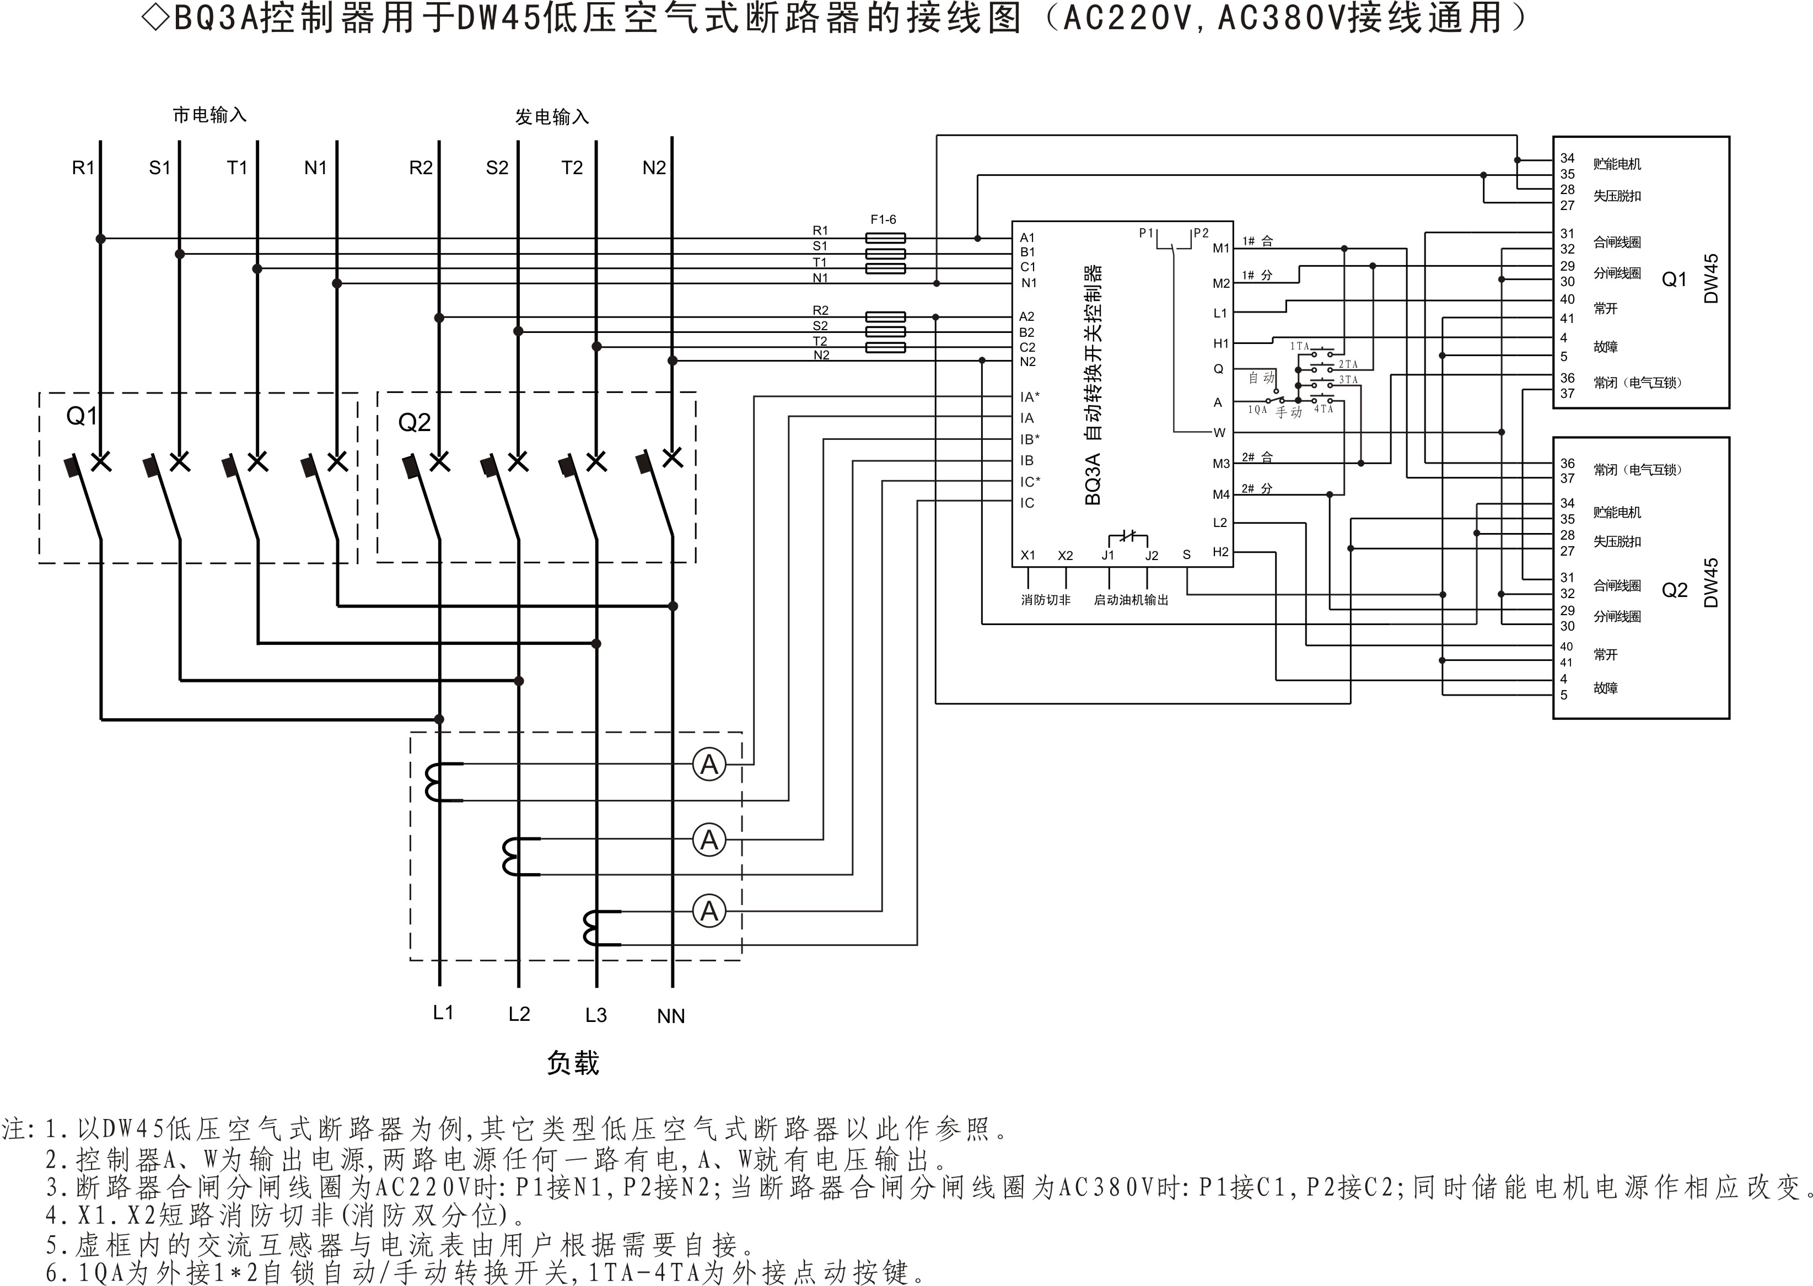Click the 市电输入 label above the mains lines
tap(210, 116)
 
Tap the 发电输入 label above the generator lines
tap(552, 117)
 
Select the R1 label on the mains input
tap(83, 168)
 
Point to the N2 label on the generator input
tap(654, 168)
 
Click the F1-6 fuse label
tap(884, 219)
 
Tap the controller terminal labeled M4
tap(1221, 495)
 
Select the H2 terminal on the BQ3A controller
tap(1220, 552)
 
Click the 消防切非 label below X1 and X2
tap(1045, 600)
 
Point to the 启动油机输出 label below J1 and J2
tap(1131, 600)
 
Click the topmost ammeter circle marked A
tap(709, 765)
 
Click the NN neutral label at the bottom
tap(670, 1016)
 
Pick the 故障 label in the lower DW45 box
tap(1606, 688)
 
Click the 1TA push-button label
tap(1300, 346)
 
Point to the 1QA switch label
tap(1257, 410)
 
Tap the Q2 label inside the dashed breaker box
tap(414, 423)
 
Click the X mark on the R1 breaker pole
tap(101, 462)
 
